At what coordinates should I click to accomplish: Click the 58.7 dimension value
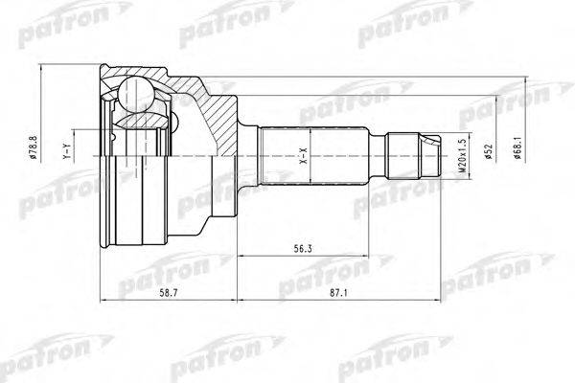pos(169,292)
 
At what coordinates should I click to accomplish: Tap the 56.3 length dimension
pos(302,249)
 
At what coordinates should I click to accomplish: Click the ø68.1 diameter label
pos(517,147)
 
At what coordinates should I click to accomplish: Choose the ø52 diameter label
pos(488,151)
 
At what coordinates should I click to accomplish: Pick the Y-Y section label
pos(66,151)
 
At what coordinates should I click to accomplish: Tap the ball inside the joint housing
pos(136,95)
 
